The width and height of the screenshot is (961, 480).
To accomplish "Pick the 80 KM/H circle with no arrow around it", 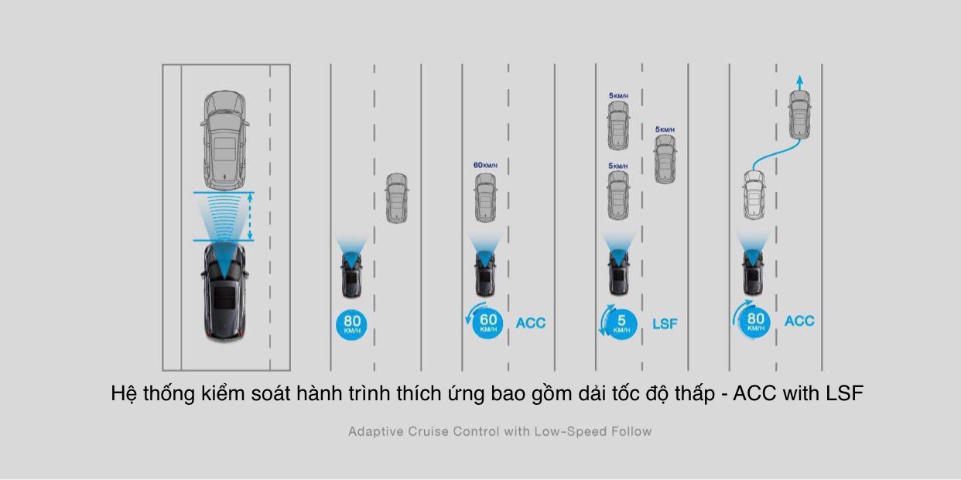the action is (x=351, y=324).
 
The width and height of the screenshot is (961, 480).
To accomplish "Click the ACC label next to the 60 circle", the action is (x=530, y=323).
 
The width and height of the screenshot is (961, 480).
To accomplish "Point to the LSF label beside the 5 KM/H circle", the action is (x=664, y=324).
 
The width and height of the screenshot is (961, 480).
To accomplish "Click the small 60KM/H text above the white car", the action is (x=485, y=165).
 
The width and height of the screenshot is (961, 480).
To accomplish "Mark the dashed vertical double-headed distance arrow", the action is (x=250, y=216).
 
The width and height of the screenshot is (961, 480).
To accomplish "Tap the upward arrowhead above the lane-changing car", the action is (x=799, y=81).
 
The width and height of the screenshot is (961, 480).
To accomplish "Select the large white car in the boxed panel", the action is (x=224, y=137).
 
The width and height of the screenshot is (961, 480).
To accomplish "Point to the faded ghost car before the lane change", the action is (x=754, y=195).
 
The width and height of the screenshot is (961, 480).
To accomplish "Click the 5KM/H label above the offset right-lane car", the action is (x=665, y=129).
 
